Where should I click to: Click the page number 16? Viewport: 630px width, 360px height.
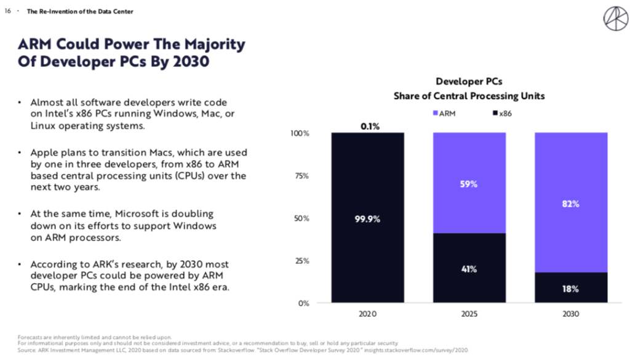(x=8, y=12)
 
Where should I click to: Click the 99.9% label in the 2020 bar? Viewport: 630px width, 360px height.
(x=368, y=218)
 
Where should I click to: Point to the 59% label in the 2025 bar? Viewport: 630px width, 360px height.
(x=469, y=184)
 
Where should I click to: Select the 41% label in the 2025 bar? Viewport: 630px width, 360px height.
(x=469, y=269)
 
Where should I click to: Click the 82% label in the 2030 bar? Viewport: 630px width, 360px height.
(x=570, y=204)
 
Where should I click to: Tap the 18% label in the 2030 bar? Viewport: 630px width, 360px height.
(x=570, y=289)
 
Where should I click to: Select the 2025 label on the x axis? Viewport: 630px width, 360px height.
(x=469, y=314)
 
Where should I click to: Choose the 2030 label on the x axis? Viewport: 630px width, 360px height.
(x=570, y=314)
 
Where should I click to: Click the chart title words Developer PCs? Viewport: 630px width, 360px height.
(x=469, y=81)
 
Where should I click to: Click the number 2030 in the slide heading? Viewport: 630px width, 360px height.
(x=188, y=63)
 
